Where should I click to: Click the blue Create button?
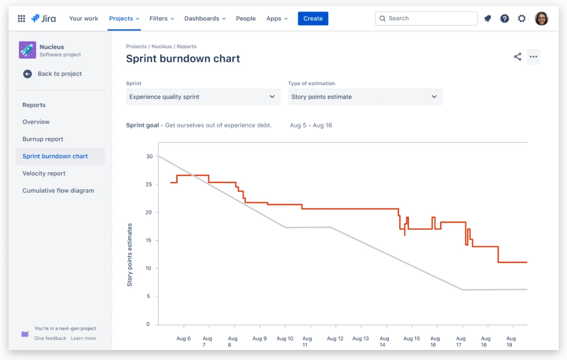[313, 19]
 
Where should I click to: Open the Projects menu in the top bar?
[124, 19]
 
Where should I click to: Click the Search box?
[427, 19]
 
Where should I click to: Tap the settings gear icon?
[522, 19]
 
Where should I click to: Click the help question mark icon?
[504, 19]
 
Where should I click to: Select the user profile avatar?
[541, 19]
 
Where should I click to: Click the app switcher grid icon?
[21, 19]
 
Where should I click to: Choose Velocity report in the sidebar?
[44, 173]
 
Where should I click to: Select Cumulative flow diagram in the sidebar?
[58, 191]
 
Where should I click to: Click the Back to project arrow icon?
[28, 74]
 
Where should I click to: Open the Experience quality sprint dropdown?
[203, 97]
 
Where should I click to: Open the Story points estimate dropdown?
[365, 97]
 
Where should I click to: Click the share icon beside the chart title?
[517, 57]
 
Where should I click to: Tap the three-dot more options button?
[534, 57]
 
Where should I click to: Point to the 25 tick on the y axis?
[149, 184]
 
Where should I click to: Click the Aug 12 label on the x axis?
[335, 339]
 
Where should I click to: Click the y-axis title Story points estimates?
[129, 255]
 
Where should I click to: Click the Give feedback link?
[50, 339]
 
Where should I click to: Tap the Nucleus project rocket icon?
[28, 50]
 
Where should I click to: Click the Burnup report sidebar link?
[43, 139]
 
